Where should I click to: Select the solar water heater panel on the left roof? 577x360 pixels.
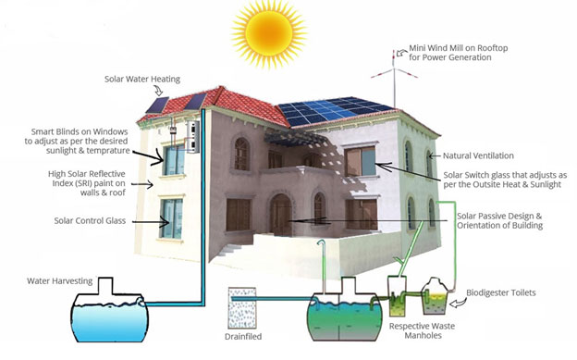tap(155, 109)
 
